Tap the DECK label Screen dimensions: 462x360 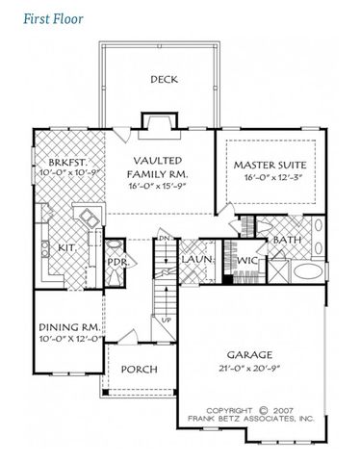tap(163, 80)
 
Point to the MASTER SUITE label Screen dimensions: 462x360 tap(269, 166)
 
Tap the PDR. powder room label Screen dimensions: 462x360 tap(117, 261)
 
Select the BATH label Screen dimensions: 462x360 tap(287, 240)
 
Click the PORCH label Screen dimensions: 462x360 tap(138, 371)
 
